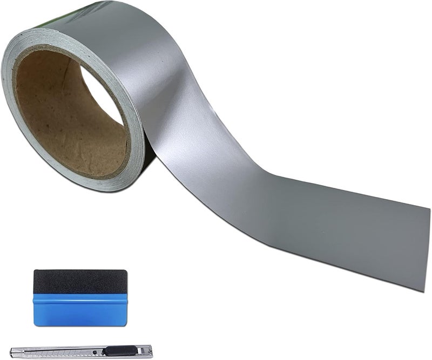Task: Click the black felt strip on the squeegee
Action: pyautogui.click(x=80, y=281)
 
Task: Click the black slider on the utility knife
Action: pyautogui.click(x=119, y=351)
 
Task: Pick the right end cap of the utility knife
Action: pyautogui.click(x=150, y=351)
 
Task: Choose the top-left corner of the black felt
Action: pyautogui.click(x=35, y=271)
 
